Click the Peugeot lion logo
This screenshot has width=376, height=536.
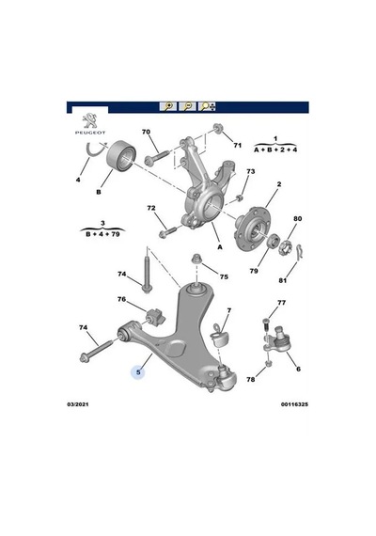(x=90, y=121)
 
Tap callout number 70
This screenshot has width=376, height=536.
(x=146, y=132)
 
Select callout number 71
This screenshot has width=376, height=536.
(x=237, y=145)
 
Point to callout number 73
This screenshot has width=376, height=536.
(x=251, y=171)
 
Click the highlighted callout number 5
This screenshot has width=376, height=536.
(x=138, y=372)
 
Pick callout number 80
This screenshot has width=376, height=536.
(x=298, y=218)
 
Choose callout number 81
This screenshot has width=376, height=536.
(x=282, y=280)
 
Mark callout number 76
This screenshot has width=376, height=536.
(x=121, y=299)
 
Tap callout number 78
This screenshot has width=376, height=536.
(x=251, y=380)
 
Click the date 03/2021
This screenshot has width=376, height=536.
(x=78, y=404)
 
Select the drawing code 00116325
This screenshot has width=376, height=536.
(x=294, y=404)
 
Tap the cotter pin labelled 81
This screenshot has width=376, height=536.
(x=301, y=252)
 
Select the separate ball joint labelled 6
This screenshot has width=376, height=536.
(x=277, y=340)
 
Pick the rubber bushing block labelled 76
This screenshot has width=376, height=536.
(x=155, y=318)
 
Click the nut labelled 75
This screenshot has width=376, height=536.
(x=196, y=260)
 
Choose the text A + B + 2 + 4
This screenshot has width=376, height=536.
(x=275, y=150)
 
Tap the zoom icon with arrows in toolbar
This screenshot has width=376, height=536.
(x=207, y=106)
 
